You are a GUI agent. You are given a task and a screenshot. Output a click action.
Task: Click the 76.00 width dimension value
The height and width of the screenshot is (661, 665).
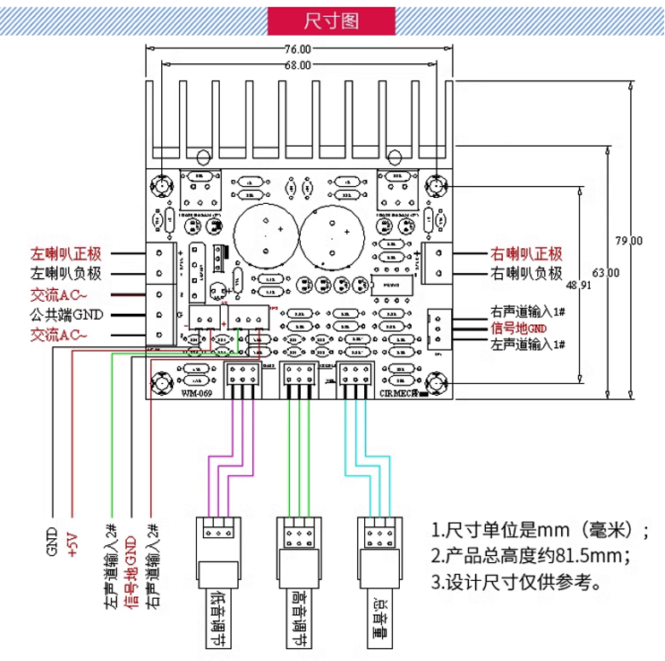[x=298, y=49]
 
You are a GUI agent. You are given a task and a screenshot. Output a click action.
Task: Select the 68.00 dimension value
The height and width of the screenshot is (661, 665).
[x=298, y=66]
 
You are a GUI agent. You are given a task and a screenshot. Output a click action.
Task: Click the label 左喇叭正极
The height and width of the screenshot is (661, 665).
[x=66, y=253]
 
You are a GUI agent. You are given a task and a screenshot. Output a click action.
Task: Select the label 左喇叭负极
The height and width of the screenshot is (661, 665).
[x=66, y=274]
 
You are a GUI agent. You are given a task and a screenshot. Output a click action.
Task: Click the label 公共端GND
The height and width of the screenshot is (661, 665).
[x=66, y=315]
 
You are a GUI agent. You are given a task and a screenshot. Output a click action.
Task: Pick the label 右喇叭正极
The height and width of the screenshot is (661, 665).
[x=526, y=253]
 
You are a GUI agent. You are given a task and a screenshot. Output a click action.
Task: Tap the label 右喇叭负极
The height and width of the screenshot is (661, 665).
[x=526, y=274]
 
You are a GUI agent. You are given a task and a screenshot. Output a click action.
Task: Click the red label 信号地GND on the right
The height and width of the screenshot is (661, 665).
[x=518, y=328]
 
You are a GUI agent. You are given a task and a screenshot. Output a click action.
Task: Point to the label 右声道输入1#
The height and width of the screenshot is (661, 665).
[x=526, y=311]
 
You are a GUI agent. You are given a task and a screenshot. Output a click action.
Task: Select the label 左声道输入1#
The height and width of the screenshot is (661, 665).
[x=526, y=344]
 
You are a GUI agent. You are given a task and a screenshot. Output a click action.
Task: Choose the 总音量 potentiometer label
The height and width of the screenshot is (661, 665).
[x=379, y=612]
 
